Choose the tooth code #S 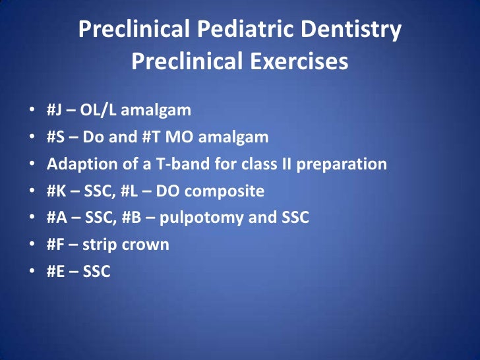[55, 136]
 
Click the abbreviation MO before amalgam [184, 136]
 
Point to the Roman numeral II [285, 164]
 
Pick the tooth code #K [56, 191]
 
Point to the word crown [148, 245]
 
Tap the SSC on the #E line [96, 271]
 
